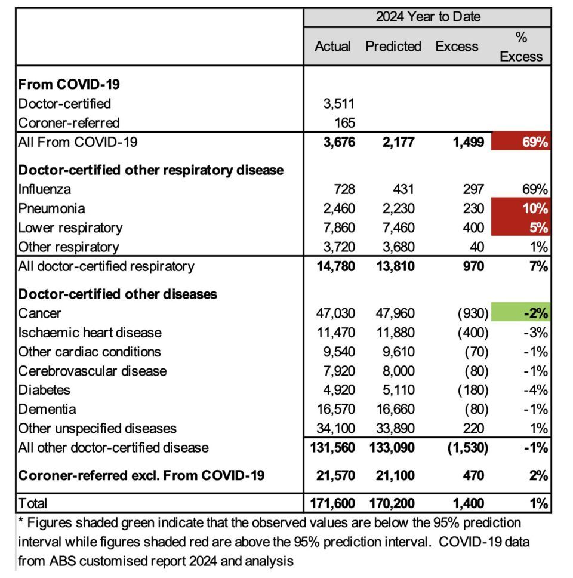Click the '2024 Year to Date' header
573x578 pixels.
[x=427, y=16]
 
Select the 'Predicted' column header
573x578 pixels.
[x=393, y=46]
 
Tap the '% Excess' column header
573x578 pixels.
[x=521, y=47]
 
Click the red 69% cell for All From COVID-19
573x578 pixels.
[x=520, y=142]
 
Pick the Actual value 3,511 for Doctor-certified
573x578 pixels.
[x=338, y=104]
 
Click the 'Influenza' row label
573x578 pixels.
[x=45, y=189]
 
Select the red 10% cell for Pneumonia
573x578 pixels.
[x=520, y=208]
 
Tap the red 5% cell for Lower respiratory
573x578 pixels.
[x=520, y=227]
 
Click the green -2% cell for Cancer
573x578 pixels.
[x=520, y=313]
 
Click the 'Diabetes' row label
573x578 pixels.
[x=45, y=390]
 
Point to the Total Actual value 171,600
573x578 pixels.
[x=332, y=503]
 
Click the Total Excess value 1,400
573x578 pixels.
[x=464, y=503]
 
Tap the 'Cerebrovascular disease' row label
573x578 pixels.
[x=93, y=371]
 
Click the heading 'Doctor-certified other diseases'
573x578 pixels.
[x=118, y=294]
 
